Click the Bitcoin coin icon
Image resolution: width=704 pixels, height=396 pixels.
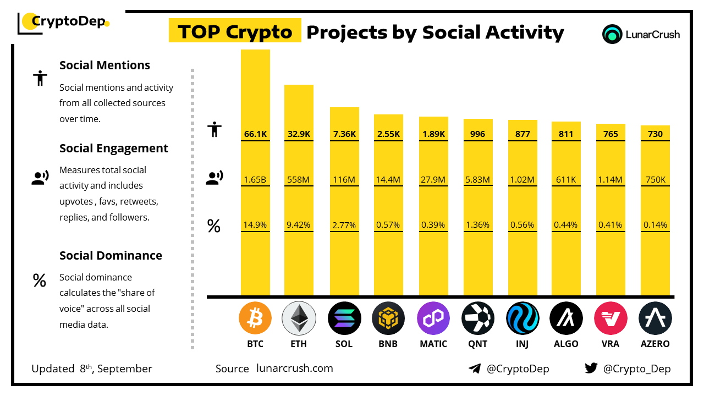coord(255,318)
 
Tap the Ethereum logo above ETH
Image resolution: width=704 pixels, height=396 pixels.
coord(299,318)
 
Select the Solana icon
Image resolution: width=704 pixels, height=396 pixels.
coord(344,318)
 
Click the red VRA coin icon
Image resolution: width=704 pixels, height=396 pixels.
coord(610,318)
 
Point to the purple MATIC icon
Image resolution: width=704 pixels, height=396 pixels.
coord(433,318)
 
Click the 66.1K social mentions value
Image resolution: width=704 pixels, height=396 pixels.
coord(255,134)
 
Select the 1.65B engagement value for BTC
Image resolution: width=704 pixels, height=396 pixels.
coord(255,179)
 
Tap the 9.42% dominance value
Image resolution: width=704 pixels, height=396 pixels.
coord(299,224)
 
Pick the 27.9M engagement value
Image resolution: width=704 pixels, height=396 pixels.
coord(433,179)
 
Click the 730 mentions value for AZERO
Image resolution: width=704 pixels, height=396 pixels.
coord(655,134)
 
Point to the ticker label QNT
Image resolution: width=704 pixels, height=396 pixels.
coord(477,344)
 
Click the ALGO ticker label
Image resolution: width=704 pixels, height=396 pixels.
coord(566,344)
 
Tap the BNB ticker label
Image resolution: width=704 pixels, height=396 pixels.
coord(388,344)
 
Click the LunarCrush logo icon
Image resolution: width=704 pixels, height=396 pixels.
coord(612,34)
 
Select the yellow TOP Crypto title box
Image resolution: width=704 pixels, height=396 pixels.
coord(235,32)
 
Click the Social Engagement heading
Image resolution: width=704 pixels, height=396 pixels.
coord(114,148)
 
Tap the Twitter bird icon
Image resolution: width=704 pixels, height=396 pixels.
coord(591,369)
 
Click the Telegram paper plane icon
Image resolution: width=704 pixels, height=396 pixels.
coord(475,369)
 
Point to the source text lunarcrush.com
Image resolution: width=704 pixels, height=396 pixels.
coord(295,369)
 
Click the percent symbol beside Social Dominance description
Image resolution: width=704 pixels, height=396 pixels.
coord(39,281)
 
